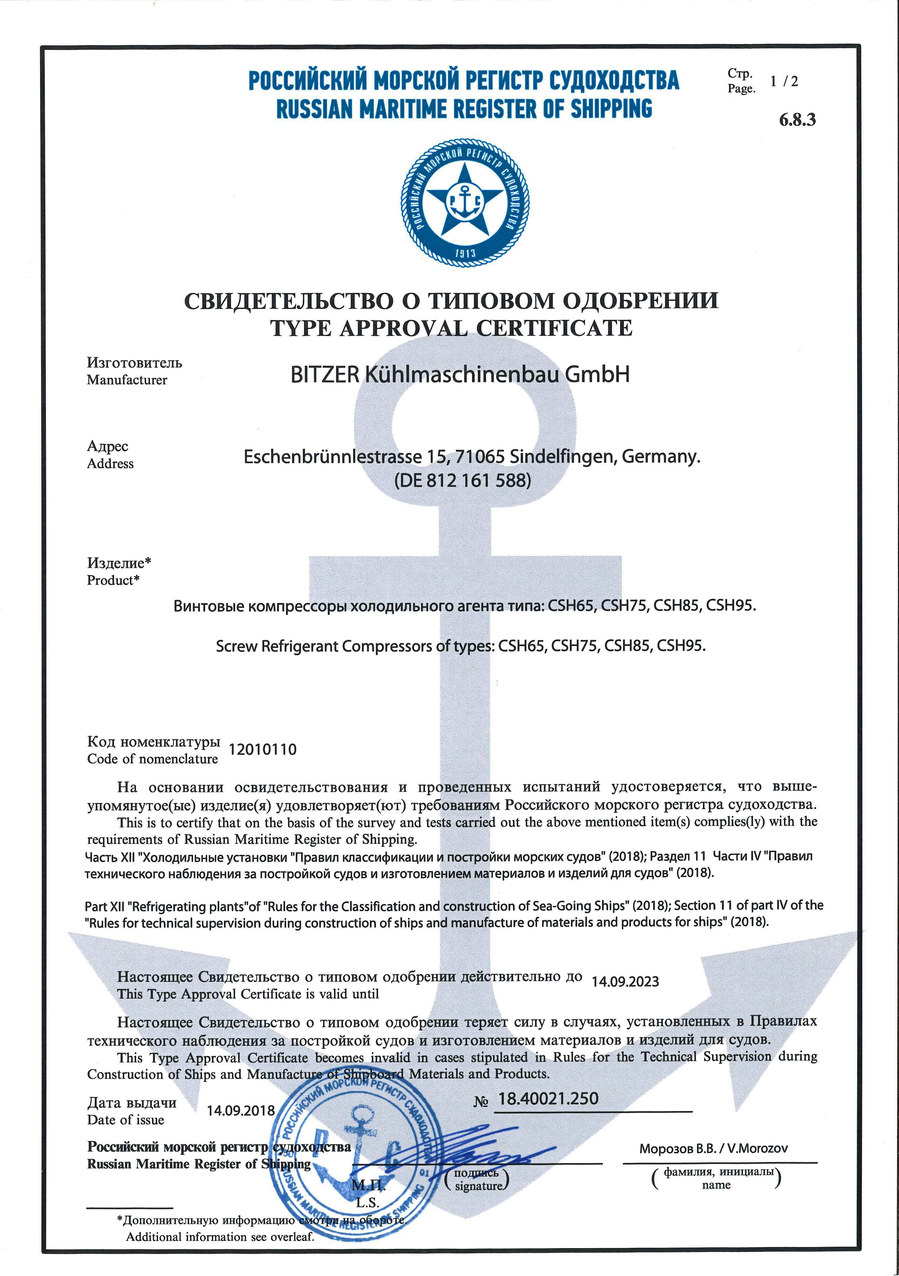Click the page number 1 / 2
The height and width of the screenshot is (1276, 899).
784,81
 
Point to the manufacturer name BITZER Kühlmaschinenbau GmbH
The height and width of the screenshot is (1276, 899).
460,375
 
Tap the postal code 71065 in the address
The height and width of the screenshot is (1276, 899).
479,457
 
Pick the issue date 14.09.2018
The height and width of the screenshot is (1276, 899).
241,1111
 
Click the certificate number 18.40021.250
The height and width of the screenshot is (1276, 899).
548,1099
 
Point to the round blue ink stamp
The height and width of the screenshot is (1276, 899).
356,1156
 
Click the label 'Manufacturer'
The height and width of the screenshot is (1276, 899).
127,380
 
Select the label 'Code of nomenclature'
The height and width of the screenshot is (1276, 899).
152,759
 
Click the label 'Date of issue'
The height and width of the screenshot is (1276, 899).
126,1120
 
